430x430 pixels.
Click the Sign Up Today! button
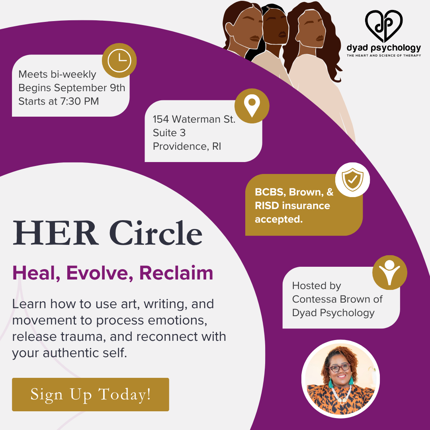coord(90,394)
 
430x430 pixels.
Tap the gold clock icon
coord(119,61)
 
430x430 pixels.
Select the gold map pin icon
coord(252,106)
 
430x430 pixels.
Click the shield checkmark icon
coord(352,180)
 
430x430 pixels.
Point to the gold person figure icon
coord(389,272)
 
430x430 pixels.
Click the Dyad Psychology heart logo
coord(383,26)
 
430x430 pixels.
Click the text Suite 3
coord(169,133)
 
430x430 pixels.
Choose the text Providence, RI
coord(187,146)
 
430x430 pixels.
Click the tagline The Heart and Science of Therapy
coord(383,55)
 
